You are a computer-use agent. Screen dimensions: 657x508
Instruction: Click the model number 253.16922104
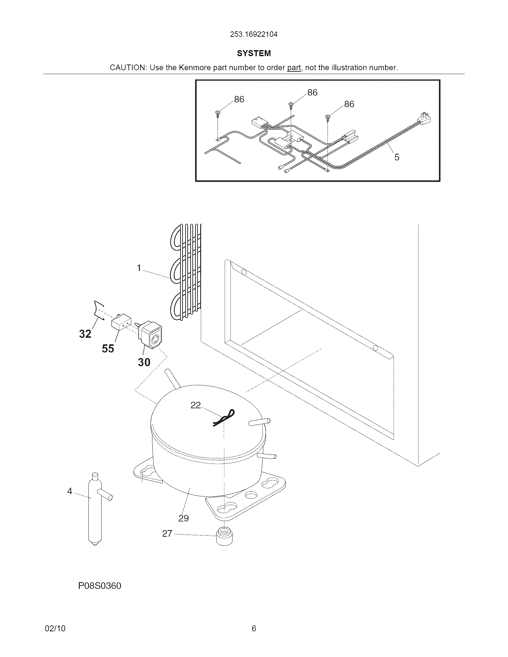[253, 34]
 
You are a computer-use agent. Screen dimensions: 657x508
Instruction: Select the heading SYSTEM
[254, 53]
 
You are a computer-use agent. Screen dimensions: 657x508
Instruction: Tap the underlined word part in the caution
[294, 68]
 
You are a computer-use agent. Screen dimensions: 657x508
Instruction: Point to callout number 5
[397, 157]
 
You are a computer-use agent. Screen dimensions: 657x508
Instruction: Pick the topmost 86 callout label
[312, 92]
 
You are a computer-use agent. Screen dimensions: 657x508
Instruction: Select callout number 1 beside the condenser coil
[139, 268]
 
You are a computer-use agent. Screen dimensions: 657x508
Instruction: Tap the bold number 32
[85, 334]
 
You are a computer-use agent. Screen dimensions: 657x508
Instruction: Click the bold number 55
[108, 348]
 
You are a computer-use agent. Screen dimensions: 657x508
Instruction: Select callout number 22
[196, 405]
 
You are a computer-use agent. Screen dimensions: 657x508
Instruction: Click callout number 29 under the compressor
[183, 518]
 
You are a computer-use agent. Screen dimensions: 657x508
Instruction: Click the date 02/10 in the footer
[55, 628]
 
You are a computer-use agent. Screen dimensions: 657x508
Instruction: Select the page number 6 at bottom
[254, 628]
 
